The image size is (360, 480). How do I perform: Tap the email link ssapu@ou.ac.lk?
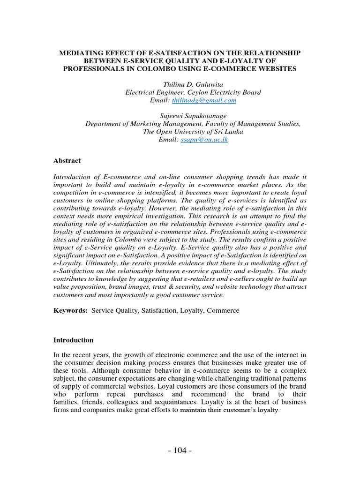[x=205, y=140]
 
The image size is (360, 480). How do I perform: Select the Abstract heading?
[x=67, y=160]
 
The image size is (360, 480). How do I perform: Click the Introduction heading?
[x=74, y=340]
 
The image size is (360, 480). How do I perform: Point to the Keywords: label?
[x=71, y=310]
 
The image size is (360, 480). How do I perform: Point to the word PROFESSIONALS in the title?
[x=97, y=69]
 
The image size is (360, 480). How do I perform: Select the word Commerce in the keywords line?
[x=223, y=310]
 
